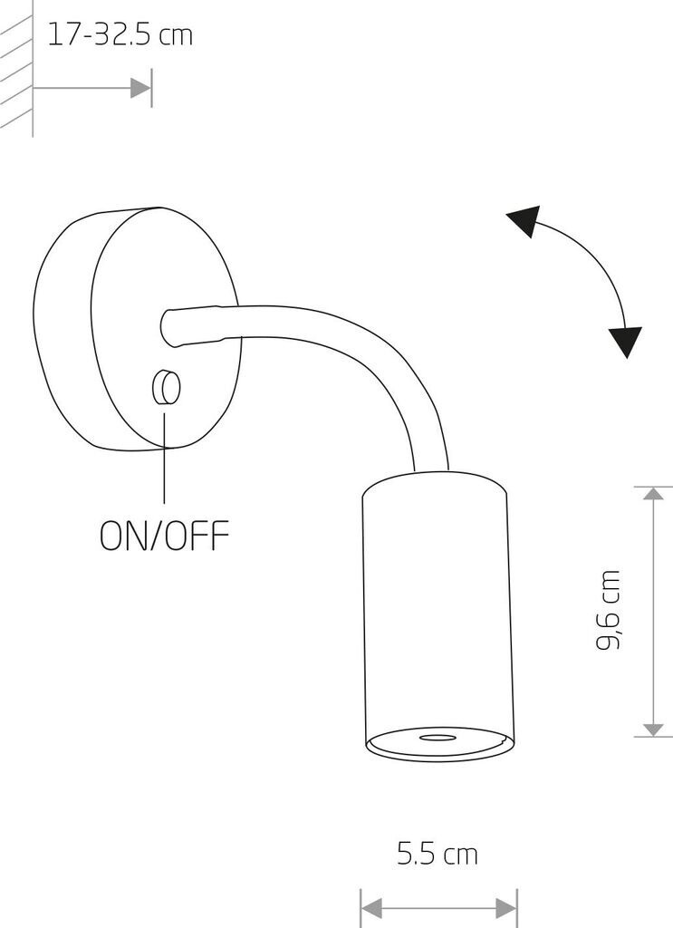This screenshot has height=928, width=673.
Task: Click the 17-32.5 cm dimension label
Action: click(120, 35)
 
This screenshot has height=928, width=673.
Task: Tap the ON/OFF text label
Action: click(164, 535)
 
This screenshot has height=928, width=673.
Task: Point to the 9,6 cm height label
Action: click(609, 610)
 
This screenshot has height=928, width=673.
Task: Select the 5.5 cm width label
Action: click(437, 853)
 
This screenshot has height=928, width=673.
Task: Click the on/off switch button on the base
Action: click(166, 388)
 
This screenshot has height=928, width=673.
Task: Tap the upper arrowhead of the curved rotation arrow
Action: click(524, 220)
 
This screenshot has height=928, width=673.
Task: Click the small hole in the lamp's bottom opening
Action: click(439, 739)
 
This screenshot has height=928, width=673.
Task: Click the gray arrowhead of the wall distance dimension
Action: click(140, 88)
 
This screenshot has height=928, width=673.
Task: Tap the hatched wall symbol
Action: click(16, 63)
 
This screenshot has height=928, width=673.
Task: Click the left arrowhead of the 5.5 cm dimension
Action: click(370, 906)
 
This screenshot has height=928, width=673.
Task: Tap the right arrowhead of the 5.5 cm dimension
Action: click(506, 906)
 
